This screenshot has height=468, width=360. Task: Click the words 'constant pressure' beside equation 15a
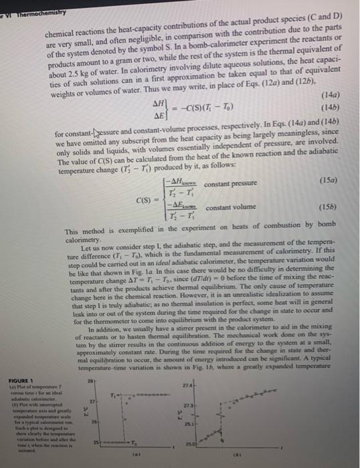coord(228,183)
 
